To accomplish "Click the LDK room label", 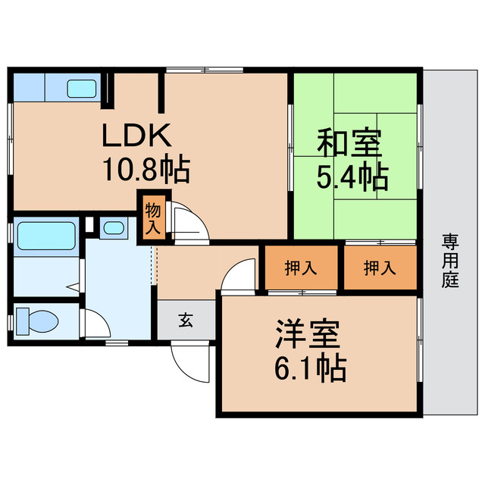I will click(x=139, y=136).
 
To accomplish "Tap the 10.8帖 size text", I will click(x=146, y=170).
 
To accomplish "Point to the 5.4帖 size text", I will click(x=352, y=177).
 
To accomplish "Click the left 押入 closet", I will click(x=300, y=267).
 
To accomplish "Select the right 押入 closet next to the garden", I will click(x=380, y=267).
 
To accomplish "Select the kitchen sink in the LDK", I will click(x=82, y=89).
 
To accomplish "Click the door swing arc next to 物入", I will click(x=185, y=224).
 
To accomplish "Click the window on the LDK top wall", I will click(x=205, y=70).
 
